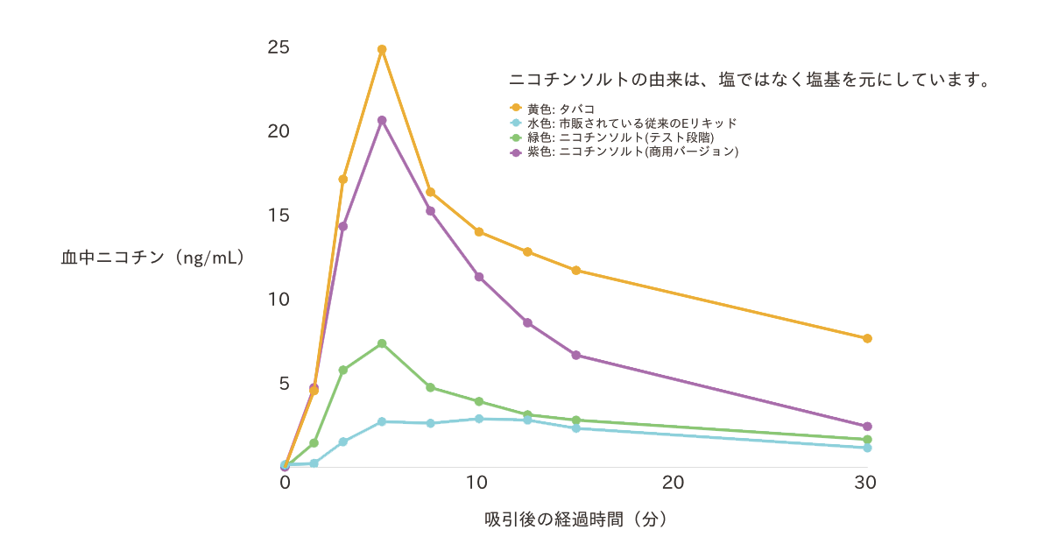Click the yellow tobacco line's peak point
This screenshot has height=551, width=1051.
click(x=382, y=50)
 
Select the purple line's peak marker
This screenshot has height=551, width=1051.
click(x=382, y=120)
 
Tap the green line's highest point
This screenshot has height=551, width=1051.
click(x=382, y=343)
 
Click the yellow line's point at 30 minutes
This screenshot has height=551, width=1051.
click(x=867, y=338)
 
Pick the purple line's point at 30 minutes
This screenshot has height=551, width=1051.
click(x=867, y=427)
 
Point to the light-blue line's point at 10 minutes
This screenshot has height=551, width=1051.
click(x=479, y=419)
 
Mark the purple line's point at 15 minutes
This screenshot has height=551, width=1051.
click(x=576, y=355)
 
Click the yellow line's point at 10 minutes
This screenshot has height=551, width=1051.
click(x=479, y=232)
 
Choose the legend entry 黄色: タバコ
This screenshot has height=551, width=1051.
click(x=561, y=109)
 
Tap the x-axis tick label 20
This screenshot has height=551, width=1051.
click(x=673, y=483)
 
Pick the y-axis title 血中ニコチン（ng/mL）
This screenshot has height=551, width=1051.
click(x=152, y=258)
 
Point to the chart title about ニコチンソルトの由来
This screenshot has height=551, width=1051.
click(x=750, y=80)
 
